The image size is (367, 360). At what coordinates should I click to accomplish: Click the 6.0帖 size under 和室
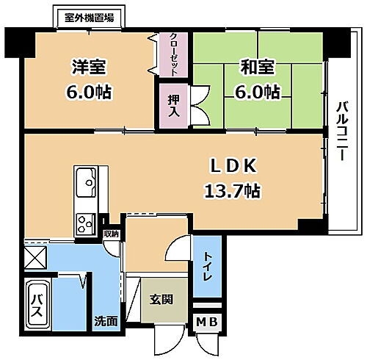click(256, 91)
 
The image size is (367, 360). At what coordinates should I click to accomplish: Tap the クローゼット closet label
click(173, 53)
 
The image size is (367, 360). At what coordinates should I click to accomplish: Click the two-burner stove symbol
click(85, 222)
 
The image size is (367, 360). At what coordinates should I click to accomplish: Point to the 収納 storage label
click(111, 234)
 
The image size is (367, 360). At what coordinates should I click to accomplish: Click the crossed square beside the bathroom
click(35, 257)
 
